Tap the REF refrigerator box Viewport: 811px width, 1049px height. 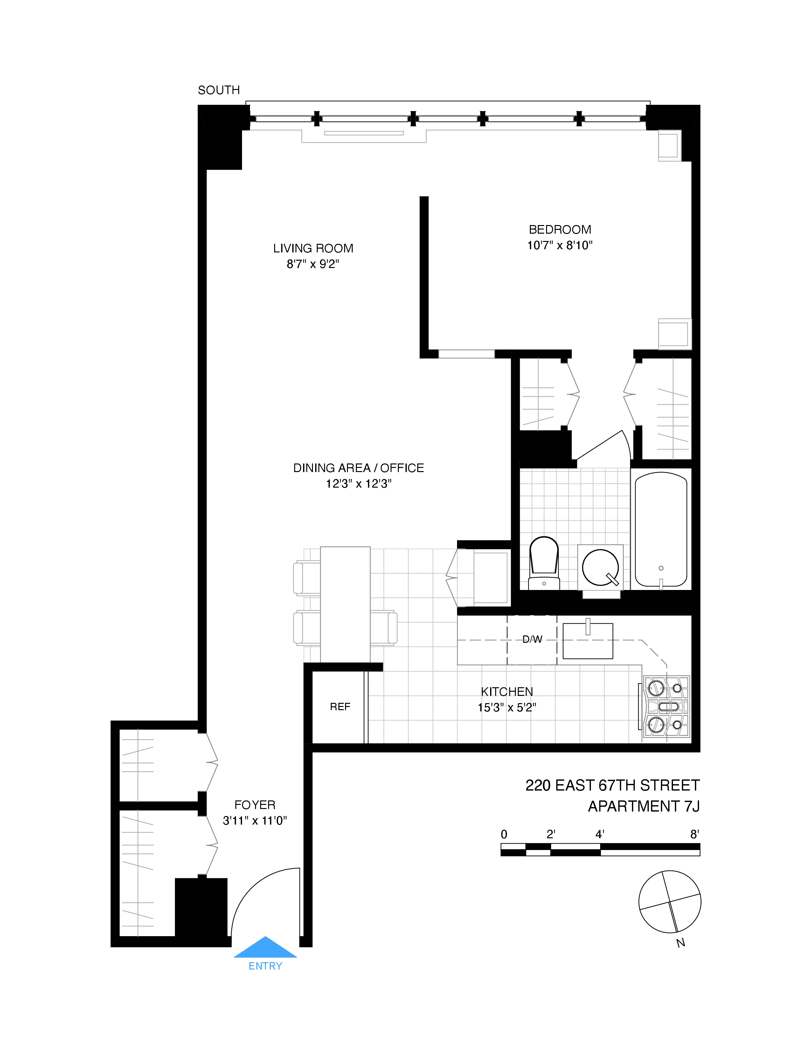click(340, 707)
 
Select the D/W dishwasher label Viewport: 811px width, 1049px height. click(532, 639)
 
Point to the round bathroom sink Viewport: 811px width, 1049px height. click(600, 567)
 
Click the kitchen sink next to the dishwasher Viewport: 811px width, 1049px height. click(588, 641)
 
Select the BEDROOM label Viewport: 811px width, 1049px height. click(560, 230)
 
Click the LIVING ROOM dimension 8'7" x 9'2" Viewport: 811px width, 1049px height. click(313, 264)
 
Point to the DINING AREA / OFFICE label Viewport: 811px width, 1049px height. click(358, 468)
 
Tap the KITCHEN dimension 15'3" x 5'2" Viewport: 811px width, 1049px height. click(507, 708)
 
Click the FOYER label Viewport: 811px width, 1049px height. click(255, 805)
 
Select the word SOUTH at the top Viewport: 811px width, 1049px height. click(218, 90)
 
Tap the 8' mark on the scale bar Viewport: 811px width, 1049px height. click(694, 835)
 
